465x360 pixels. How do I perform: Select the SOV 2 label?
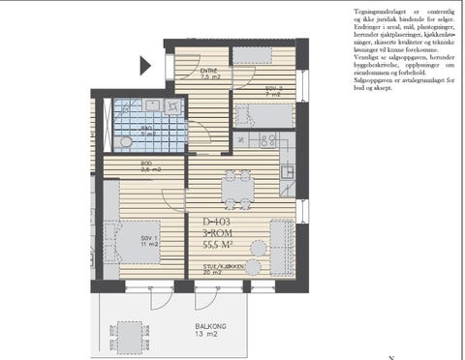coord(272,90)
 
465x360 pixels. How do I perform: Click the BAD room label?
coord(146,132)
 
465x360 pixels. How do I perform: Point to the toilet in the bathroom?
coord(125,143)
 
